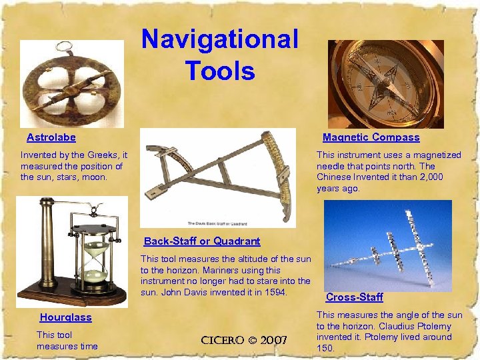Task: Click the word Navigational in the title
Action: [x=220, y=39]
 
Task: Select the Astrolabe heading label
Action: [x=51, y=137]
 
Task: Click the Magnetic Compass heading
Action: [x=371, y=137]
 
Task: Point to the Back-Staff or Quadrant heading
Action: [x=202, y=241]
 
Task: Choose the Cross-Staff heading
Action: [x=354, y=297]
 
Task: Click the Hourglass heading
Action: [x=65, y=318]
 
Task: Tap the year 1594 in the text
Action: [x=274, y=293]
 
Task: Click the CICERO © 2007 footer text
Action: [x=244, y=341]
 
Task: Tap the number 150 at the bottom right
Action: [x=324, y=348]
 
